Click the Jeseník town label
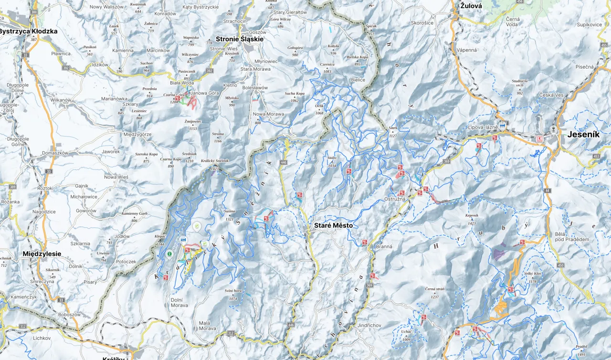pyautogui.click(x=583, y=135)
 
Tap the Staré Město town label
pyautogui.click(x=333, y=225)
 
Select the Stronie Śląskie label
pyautogui.click(x=239, y=39)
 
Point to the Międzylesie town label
pyautogui.click(x=42, y=254)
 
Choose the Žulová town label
pyautogui.click(x=471, y=6)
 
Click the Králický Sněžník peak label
pyautogui.click(x=215, y=161)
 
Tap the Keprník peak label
pyautogui.click(x=472, y=216)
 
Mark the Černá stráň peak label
pyautogui.click(x=435, y=289)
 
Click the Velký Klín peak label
pyautogui.click(x=533, y=274)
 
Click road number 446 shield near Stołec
pyautogui.click(x=284, y=163)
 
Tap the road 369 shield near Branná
pyautogui.click(x=369, y=286)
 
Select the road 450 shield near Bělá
pyautogui.click(x=560, y=265)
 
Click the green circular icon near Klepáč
pyautogui.click(x=169, y=254)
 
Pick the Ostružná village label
pyautogui.click(x=395, y=199)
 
